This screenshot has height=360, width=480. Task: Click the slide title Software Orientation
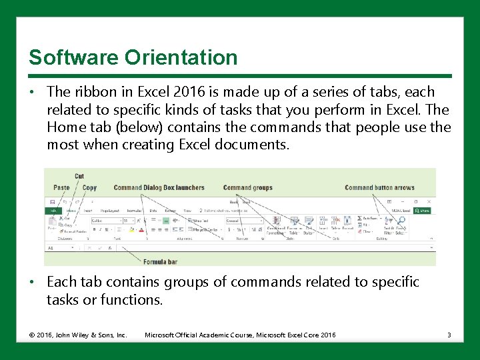tap(133, 57)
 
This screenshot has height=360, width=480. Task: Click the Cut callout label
tap(79, 177)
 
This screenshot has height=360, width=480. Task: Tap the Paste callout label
tap(61, 188)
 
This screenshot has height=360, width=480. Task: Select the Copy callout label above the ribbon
tap(89, 188)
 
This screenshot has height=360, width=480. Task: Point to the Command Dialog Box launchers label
tap(159, 188)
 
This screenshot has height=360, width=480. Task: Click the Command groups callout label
tap(247, 188)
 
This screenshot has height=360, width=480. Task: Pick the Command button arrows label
tap(379, 188)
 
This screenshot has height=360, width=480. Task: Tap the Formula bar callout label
tap(160, 262)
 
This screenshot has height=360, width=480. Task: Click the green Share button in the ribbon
tap(423, 211)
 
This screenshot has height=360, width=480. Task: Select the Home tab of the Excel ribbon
tap(71, 211)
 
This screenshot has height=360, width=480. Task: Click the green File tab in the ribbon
tap(52, 211)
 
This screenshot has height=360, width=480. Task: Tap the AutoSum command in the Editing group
tap(367, 218)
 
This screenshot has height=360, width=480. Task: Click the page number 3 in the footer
tap(449, 335)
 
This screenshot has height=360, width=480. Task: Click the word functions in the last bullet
tap(131, 300)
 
